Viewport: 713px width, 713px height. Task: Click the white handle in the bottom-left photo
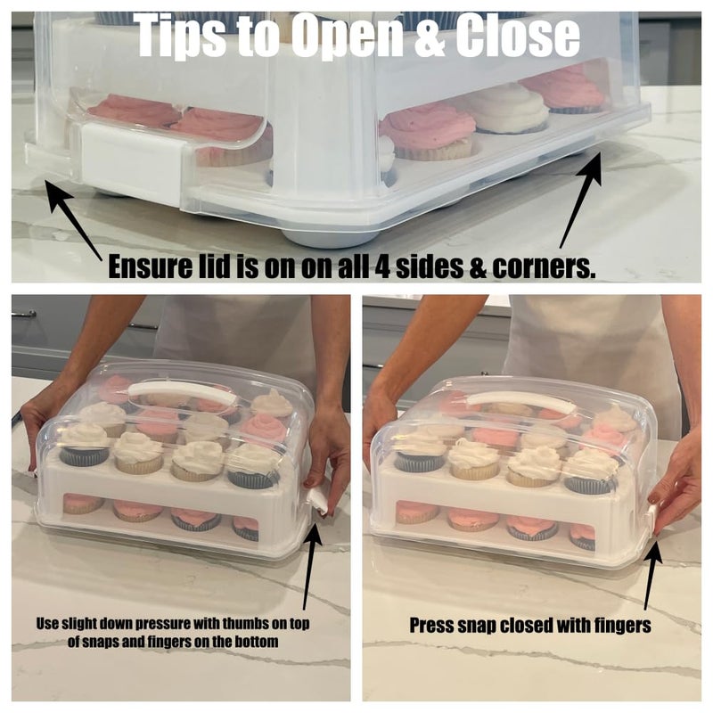pos(184,394)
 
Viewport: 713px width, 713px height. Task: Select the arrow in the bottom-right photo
pos(652,574)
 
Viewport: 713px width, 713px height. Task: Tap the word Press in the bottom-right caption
pos(431,626)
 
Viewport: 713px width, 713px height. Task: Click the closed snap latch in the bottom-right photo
pos(652,518)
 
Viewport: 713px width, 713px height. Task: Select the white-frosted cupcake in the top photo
pos(510,110)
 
